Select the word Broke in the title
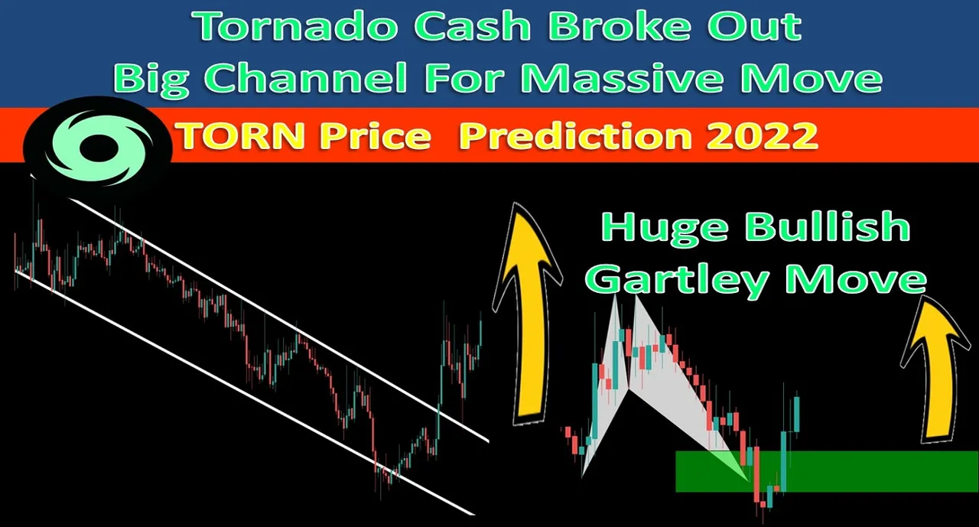[625, 26]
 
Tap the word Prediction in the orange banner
[576, 135]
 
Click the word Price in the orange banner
[376, 135]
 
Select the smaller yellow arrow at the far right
[929, 370]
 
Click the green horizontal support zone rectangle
[827, 471]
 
